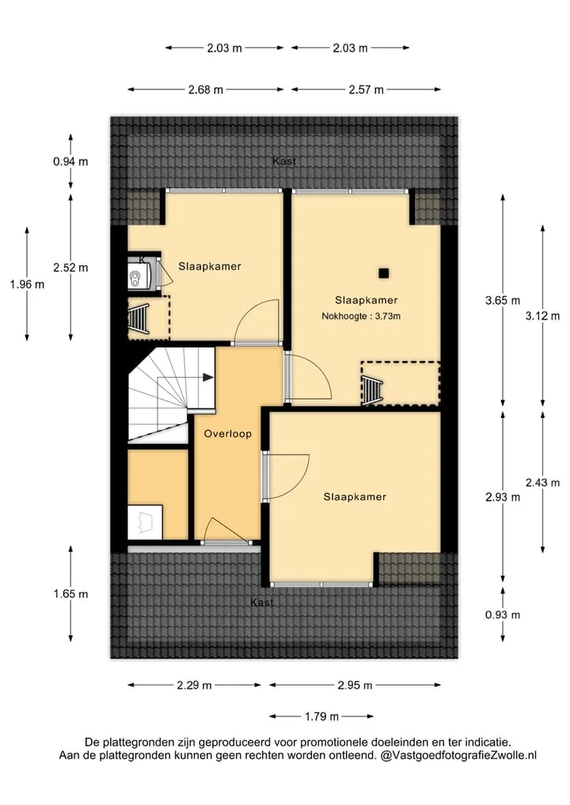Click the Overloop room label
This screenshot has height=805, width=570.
tap(228, 434)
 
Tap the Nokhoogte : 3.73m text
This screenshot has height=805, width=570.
tap(361, 317)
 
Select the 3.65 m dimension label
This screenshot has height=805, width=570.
tap(503, 300)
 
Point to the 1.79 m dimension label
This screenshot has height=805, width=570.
tap(322, 716)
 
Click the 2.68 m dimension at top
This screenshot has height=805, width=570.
tap(205, 89)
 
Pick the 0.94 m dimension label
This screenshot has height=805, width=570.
tap(71, 161)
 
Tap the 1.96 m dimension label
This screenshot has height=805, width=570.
tap(27, 284)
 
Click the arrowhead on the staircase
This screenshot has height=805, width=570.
tap(208, 378)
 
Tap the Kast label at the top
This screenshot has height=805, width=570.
tap(284, 161)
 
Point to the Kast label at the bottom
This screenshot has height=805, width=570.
tap(262, 602)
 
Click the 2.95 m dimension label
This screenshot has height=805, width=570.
tap(355, 685)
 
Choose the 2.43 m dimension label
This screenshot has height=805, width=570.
tap(543, 483)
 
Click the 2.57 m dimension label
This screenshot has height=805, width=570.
tap(366, 89)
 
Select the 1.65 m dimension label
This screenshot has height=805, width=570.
tap(71, 594)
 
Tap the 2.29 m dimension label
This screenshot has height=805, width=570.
tap(194, 685)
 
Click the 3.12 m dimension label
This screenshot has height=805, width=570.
tap(543, 316)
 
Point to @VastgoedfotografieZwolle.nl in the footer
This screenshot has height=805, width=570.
tap(458, 755)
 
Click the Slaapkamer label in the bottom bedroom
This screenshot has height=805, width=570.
tap(355, 496)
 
